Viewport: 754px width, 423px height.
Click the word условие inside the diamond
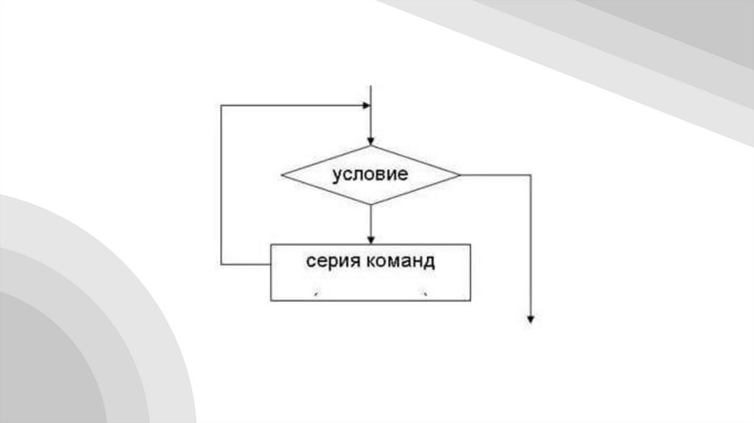click(370, 175)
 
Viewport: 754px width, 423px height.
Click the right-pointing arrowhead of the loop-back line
click(365, 105)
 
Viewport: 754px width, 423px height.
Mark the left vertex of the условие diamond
click(282, 175)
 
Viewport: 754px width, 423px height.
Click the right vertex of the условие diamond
click(459, 175)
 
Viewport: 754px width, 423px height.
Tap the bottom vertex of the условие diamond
click(370, 204)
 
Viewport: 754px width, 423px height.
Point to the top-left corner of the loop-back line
click(221, 105)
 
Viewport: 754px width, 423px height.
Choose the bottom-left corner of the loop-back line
click(221, 264)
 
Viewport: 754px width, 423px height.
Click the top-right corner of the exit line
click(530, 175)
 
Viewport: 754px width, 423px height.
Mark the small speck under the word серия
click(315, 294)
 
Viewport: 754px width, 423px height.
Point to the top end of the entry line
click(370, 86)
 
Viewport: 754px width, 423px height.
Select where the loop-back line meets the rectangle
click(271, 264)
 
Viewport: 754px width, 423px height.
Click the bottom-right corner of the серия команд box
click(471, 300)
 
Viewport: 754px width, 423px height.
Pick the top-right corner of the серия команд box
click(471, 244)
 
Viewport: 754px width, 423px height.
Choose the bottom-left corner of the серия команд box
click(271, 300)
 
